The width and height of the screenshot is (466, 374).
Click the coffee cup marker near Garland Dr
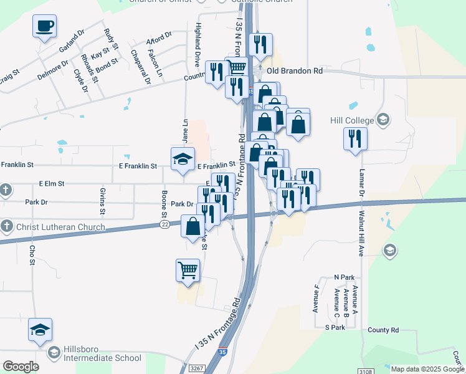[x=44, y=27]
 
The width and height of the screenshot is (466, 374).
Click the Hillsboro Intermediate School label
[x=102, y=358]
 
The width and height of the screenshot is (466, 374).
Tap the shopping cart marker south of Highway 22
[x=188, y=271]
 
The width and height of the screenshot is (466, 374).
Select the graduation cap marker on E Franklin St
[x=183, y=159]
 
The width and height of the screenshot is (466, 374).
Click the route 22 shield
[x=164, y=224]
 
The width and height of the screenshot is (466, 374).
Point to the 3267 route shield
[x=196, y=368]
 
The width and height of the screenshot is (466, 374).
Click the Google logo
[x=21, y=367]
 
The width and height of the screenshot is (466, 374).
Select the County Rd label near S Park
[x=383, y=330]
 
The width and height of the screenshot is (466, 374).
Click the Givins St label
[x=102, y=199]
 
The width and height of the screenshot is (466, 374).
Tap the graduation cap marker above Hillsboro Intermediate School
[x=40, y=330]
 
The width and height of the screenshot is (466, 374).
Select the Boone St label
[x=164, y=203]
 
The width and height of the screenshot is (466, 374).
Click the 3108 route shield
[x=366, y=372]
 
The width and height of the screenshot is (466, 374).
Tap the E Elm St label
[x=52, y=184]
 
